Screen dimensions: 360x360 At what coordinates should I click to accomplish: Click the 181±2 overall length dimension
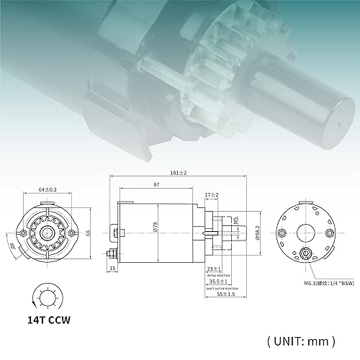pos(179,173)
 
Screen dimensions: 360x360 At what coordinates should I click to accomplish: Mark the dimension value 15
pos(112,269)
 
